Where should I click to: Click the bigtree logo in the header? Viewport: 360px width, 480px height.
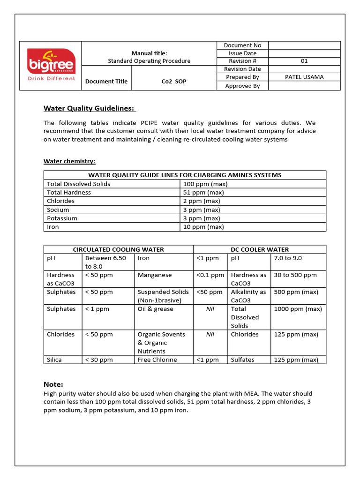pyautogui.click(x=51, y=65)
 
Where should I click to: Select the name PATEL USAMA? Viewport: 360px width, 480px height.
pyautogui.click(x=304, y=77)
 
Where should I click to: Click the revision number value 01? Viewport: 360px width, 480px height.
pyautogui.click(x=304, y=61)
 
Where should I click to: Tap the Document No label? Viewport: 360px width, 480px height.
pyautogui.click(x=242, y=45)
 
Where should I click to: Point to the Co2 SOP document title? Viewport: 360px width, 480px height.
pyautogui.click(x=173, y=81)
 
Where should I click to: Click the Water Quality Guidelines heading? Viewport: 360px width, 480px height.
pyautogui.click(x=89, y=108)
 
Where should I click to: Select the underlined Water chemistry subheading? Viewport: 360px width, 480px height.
pyautogui.click(x=69, y=161)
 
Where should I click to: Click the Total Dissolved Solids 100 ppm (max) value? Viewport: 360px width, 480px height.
pyautogui.click(x=205, y=184)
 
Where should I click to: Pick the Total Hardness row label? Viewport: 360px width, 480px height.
pyautogui.click(x=69, y=192)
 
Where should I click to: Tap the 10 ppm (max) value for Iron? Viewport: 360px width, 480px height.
pyautogui.click(x=203, y=227)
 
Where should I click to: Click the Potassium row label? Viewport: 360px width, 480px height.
pyautogui.click(x=62, y=218)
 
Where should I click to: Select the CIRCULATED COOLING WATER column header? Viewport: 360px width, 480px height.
pyautogui.click(x=118, y=249)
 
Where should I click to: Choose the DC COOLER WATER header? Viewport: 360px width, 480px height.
pyautogui.click(x=260, y=249)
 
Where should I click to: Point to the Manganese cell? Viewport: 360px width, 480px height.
pyautogui.click(x=155, y=275)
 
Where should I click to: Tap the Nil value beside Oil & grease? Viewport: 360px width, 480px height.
pyautogui.click(x=210, y=309)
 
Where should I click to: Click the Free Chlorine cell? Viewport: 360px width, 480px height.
pyautogui.click(x=157, y=360)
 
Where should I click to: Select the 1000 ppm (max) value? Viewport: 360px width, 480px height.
pyautogui.click(x=298, y=309)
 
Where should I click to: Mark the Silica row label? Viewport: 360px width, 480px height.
pyautogui.click(x=54, y=360)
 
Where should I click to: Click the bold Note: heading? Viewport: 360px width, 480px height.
pyautogui.click(x=53, y=384)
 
